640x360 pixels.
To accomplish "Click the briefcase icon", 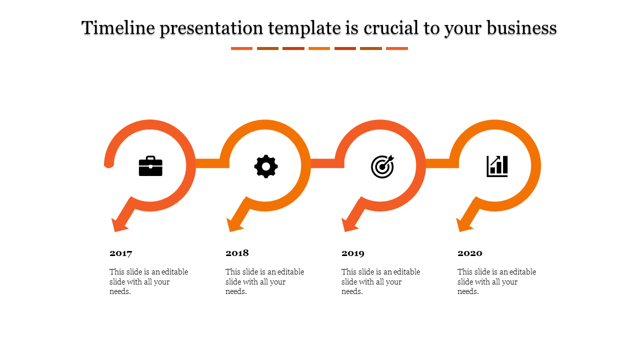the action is point(150,166).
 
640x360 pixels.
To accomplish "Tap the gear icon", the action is point(266,166).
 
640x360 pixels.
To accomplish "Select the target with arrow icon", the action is point(382,166).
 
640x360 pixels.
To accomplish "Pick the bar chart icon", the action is point(497,166).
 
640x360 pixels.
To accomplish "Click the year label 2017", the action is point(121,253).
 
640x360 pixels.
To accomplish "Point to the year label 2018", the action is point(237,253).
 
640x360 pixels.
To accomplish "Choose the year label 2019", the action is point(353,253).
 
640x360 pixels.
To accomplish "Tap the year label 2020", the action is point(469,253).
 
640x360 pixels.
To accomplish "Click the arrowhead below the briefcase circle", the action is point(119,225).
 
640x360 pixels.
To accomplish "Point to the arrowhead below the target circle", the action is point(349,225).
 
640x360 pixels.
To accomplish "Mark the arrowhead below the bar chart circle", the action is point(464,225).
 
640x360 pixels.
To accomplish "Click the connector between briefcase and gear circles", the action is point(212,163).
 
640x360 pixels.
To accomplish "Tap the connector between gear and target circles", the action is point(327,163).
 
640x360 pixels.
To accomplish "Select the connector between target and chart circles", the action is point(442,163).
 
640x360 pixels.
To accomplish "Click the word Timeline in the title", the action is point(118,28).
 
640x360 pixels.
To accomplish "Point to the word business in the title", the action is point(521,28).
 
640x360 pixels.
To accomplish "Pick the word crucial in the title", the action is point(391,28).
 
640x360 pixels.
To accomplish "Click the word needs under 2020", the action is point(468,291).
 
